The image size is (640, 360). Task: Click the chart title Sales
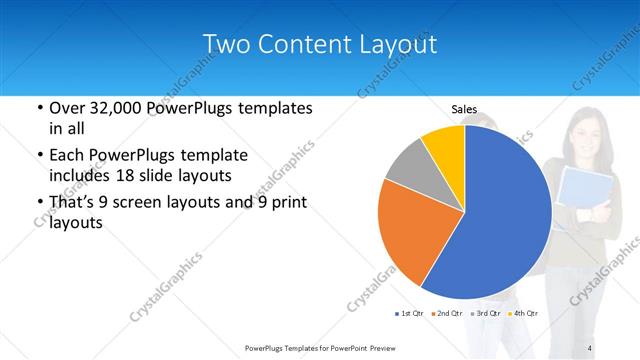click(464, 109)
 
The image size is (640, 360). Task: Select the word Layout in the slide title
click(398, 44)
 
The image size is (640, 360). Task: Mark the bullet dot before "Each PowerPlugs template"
click(39, 156)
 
